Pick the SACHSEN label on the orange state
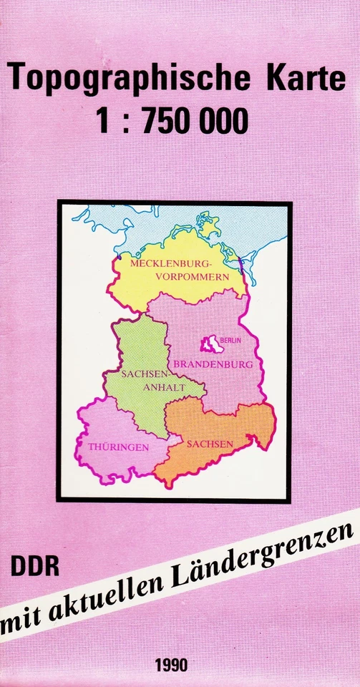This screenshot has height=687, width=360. coord(210,444)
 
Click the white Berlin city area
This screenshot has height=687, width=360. coord(212,345)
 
